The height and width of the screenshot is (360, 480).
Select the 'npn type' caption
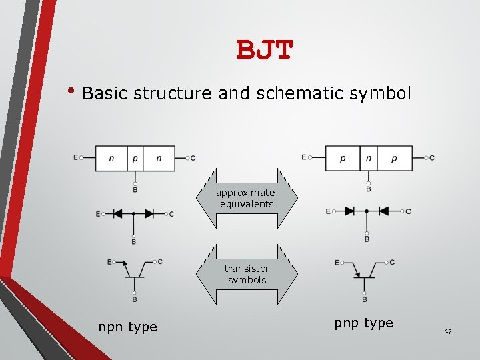127,327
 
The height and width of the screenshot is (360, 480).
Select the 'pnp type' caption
363,323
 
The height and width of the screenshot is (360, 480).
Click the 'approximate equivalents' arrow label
245,198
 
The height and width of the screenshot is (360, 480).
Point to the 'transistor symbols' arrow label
246,274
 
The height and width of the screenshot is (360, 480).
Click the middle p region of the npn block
135,158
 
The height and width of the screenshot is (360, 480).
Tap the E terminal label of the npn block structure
76,158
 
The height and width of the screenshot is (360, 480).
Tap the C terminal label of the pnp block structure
432,158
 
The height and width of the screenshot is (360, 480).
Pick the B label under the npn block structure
135,190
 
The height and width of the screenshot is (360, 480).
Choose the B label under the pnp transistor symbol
364,299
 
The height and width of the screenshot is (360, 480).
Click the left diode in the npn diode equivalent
117,214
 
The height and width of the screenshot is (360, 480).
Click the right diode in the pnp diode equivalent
384,211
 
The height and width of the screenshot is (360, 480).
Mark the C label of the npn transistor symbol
160,261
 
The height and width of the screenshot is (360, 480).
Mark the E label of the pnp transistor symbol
337,262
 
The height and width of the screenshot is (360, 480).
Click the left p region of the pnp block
343,158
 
